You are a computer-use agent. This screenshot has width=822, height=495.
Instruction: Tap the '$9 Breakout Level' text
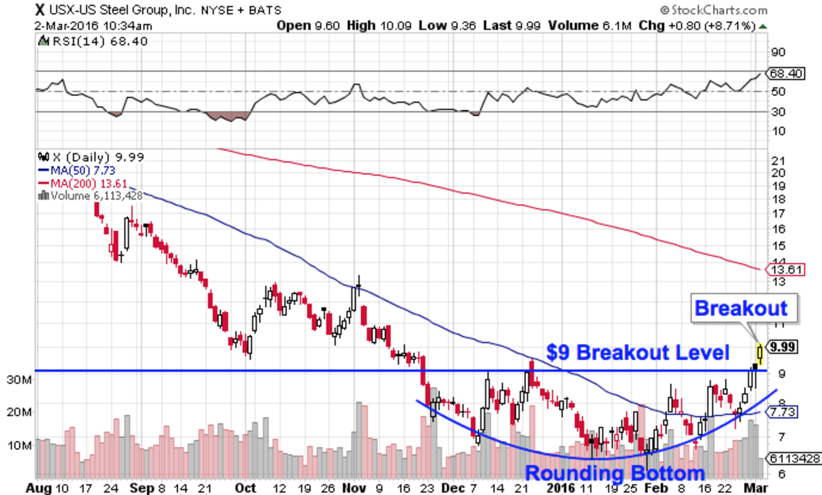638,353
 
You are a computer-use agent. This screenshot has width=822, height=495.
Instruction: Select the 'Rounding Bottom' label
615,473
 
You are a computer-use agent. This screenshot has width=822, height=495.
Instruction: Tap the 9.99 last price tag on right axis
782,347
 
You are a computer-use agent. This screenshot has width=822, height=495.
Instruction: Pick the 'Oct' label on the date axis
245,487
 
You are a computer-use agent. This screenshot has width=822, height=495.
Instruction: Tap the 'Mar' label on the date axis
754,487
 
